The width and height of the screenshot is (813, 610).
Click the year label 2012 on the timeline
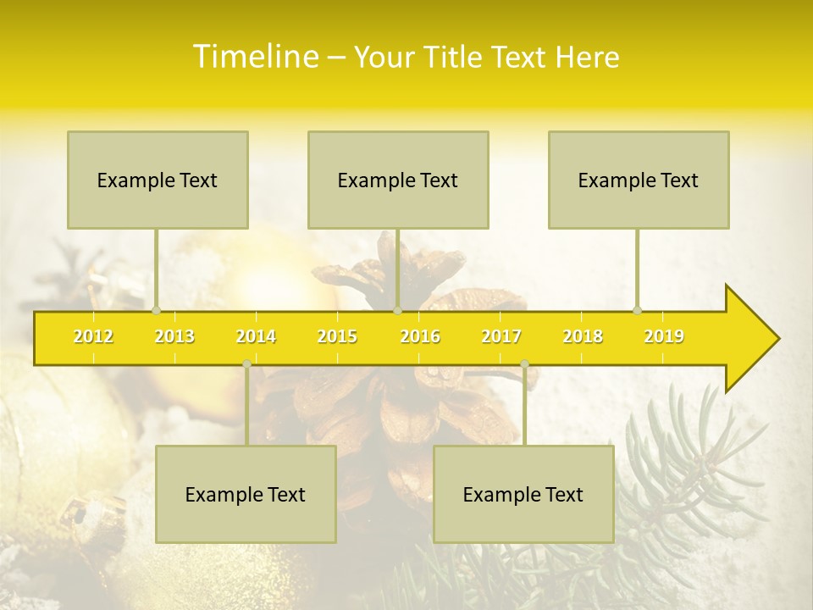pos(93,336)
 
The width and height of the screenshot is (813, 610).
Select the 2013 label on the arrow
pos(174,336)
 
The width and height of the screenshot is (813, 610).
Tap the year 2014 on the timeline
pos(256,336)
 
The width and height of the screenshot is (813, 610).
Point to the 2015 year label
pos(337,336)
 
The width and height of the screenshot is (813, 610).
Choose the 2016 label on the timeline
pos(420,336)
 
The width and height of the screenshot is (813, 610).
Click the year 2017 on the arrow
pos(501,336)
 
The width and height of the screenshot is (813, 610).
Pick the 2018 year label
pos(583,336)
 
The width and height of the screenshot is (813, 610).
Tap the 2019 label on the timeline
pos(664,336)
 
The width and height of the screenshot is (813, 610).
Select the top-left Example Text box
pos(158,180)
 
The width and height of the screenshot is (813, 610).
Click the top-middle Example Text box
pos(398,180)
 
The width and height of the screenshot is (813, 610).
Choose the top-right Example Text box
pos(639,180)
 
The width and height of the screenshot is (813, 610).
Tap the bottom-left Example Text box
pos(246,494)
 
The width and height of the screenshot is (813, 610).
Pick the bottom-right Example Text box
pos(523,494)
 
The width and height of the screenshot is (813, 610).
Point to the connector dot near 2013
pos(157,310)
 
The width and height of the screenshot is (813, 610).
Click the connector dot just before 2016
pos(397,310)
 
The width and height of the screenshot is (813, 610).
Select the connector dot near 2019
pos(638,310)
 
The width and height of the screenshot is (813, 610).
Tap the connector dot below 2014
pos(246,363)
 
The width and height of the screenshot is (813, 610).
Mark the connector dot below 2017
pos(524,363)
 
